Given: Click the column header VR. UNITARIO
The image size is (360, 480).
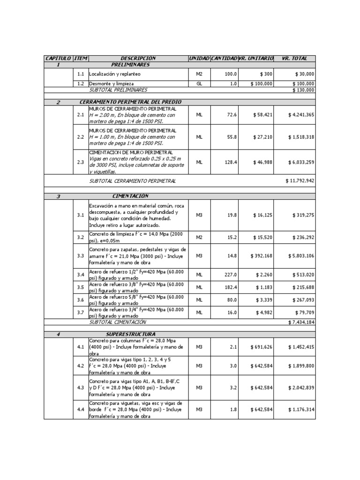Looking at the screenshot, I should [x=255, y=58].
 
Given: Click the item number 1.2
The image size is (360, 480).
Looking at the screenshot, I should [x=81, y=84].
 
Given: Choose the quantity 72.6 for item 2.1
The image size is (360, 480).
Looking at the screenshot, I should [x=230, y=115].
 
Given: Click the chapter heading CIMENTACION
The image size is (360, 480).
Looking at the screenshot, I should [x=131, y=196].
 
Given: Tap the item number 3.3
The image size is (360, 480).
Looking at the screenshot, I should [x=81, y=256].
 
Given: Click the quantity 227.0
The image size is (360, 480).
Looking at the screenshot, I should [x=230, y=275].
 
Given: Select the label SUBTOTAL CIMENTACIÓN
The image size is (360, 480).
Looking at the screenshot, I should [x=118, y=322].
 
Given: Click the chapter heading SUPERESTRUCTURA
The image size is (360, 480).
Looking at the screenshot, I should [x=131, y=334].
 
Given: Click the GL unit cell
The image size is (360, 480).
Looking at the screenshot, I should [x=199, y=84].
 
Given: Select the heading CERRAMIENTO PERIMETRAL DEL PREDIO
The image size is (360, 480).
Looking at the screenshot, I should [x=131, y=102].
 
